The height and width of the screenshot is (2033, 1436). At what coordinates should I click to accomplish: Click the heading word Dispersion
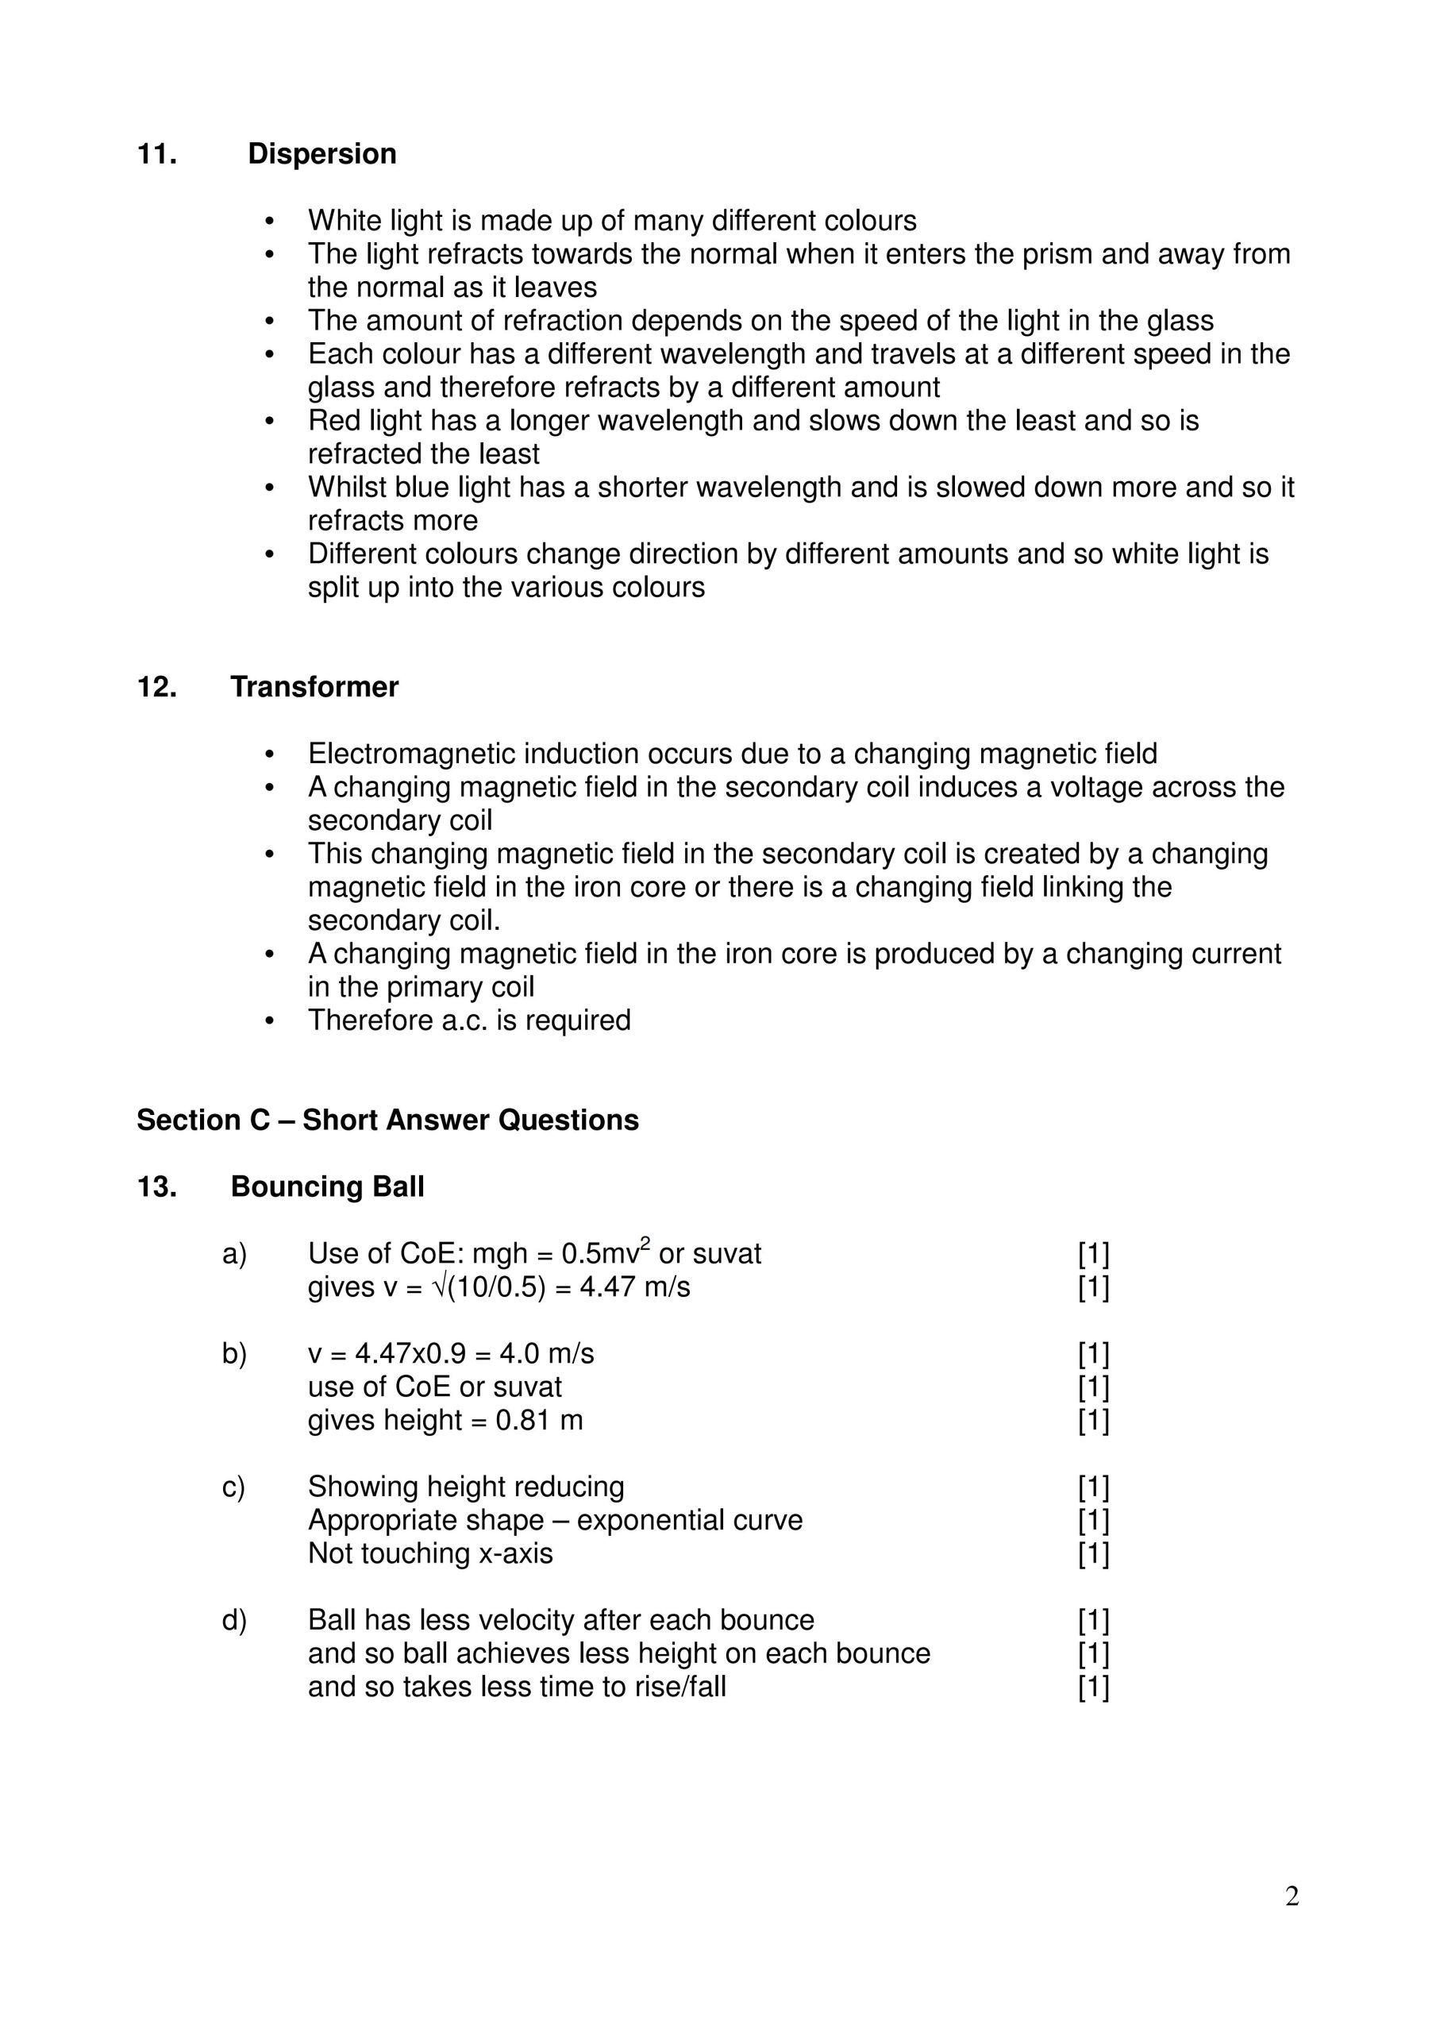point(321,154)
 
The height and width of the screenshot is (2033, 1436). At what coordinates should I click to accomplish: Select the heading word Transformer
point(314,687)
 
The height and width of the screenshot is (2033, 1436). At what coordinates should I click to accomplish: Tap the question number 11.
point(156,154)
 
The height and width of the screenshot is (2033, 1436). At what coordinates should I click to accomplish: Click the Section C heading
point(387,1120)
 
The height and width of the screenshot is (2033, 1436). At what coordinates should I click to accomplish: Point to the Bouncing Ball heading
point(327,1186)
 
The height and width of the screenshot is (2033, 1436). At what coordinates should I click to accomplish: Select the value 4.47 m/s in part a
point(634,1287)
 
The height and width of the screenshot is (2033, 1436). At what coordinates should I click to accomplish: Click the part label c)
point(233,1487)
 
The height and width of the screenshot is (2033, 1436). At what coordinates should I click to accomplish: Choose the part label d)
point(233,1620)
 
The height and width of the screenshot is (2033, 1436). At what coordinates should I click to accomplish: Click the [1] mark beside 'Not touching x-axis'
point(1093,1554)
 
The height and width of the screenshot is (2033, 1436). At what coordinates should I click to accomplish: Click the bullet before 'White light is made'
point(271,222)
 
